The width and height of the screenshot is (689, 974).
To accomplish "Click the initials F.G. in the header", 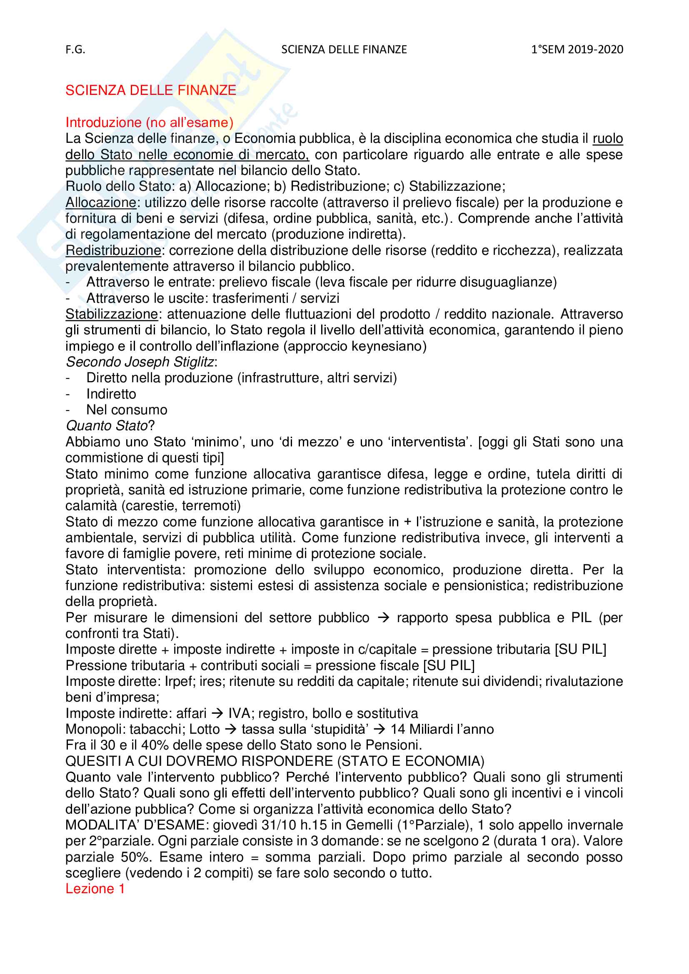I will tap(75, 50).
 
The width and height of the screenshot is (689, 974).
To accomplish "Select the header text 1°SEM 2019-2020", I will tap(577, 50).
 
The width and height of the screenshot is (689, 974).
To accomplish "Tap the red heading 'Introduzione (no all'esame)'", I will tap(150, 122).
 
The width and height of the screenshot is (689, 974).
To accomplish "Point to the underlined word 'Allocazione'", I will tap(100, 202).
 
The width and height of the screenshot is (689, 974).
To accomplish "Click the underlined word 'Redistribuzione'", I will tap(113, 250).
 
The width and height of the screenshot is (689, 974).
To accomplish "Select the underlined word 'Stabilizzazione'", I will tap(112, 314).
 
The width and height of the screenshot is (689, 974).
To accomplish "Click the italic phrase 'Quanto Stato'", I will tap(107, 426).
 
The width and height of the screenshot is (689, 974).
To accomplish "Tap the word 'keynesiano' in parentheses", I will tap(387, 346).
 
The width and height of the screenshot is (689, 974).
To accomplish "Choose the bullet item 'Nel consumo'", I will tap(127, 410).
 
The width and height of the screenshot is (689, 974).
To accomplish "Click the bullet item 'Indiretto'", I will tap(111, 394).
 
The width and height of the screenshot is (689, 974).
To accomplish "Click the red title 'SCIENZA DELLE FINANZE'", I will tap(151, 90).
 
